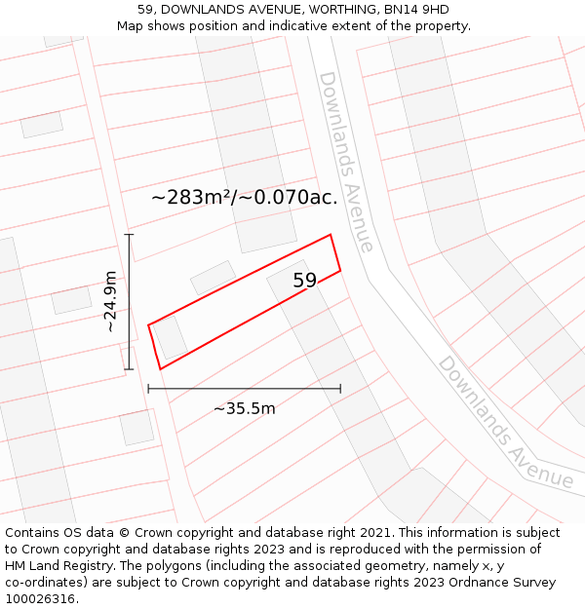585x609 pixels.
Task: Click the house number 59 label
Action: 305,281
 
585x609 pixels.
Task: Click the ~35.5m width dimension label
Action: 244,408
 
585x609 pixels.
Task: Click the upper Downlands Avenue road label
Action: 346,161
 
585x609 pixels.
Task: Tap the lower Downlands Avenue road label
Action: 504,421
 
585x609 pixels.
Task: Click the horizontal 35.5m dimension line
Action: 244,389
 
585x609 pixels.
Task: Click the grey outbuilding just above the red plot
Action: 213,277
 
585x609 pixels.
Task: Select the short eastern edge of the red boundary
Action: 335,253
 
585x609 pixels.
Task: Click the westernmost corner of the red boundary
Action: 148,325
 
